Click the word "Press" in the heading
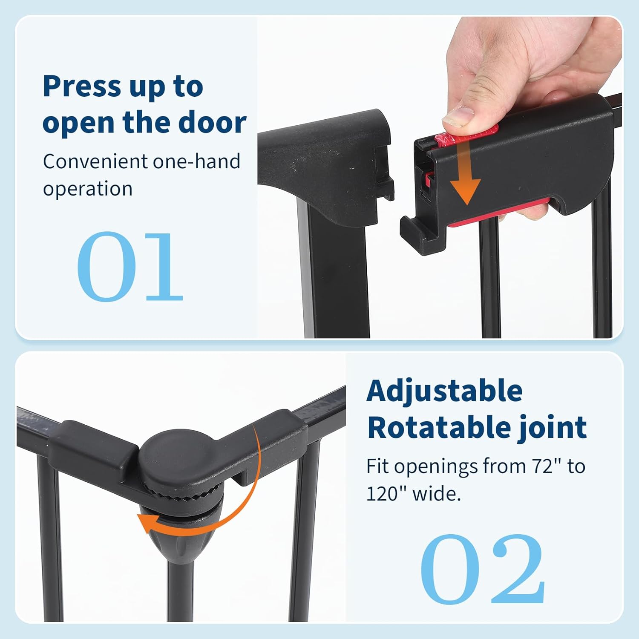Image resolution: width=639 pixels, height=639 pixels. click(82, 86)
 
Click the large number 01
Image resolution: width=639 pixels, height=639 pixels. click(130, 266)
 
